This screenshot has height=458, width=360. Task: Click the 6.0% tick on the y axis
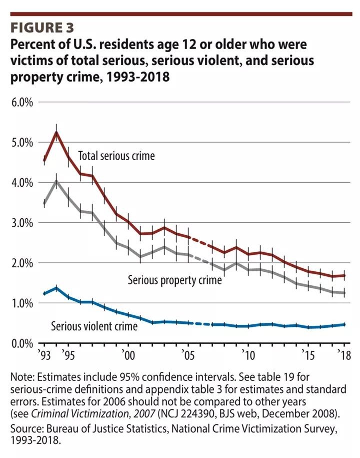(20, 102)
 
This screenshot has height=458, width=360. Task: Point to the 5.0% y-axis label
(20, 142)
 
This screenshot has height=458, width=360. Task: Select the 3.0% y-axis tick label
(20, 223)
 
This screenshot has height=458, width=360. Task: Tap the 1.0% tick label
(20, 303)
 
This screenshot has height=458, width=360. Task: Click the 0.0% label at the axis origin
(20, 343)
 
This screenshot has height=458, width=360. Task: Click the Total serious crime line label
(116, 156)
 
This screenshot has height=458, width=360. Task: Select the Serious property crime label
(174, 280)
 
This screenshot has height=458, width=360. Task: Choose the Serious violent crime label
(94, 326)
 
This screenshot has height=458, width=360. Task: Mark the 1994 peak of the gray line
(56, 181)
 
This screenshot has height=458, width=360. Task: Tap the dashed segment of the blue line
(200, 324)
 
